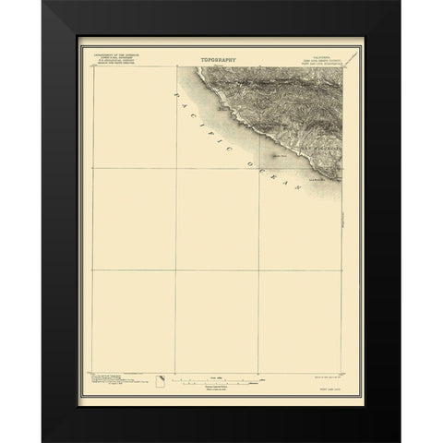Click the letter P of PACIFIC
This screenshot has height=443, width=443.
(x=176, y=95)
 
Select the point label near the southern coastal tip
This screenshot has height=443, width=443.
(x=317, y=181)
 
